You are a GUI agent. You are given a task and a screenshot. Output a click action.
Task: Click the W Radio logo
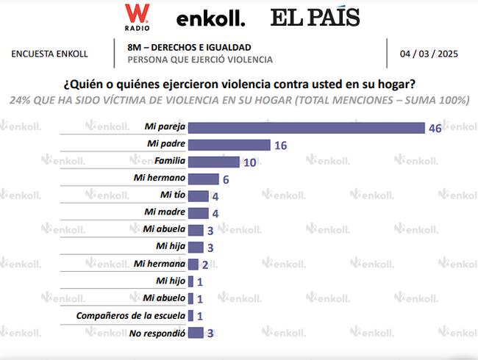tap(137, 17)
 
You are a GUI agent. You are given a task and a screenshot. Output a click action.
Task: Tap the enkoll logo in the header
tap(211, 18)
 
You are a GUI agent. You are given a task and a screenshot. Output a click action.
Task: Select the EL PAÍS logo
tap(314, 17)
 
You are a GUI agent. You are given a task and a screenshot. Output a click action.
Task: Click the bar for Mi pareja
tap(307, 128)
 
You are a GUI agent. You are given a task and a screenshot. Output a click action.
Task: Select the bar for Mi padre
tap(229, 145)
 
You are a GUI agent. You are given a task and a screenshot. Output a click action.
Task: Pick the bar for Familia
tap(214, 162)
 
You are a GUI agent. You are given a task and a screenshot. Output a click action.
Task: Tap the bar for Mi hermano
tap(204, 179)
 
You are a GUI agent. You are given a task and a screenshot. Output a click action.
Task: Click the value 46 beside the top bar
tap(436, 128)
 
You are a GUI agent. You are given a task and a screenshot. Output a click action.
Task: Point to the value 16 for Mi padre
tap(280, 145)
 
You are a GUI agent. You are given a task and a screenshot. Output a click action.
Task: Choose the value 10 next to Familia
tap(249, 162)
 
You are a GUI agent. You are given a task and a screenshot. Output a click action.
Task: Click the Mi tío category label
tap(172, 195)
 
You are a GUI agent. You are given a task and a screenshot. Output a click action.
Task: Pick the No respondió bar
tap(196, 333)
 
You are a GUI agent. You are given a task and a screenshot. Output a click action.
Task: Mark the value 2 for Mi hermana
tap(205, 264)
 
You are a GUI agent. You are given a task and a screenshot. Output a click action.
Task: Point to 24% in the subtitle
tap(21, 100)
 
